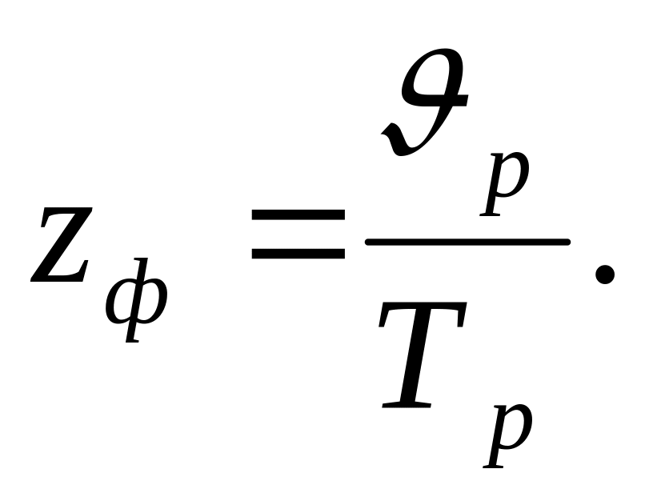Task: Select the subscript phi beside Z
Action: pyautogui.click(x=136, y=299)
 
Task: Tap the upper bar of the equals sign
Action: pyautogui.click(x=298, y=216)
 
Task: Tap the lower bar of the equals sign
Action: pyautogui.click(x=298, y=253)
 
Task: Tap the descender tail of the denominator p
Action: pyautogui.click(x=494, y=461)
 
